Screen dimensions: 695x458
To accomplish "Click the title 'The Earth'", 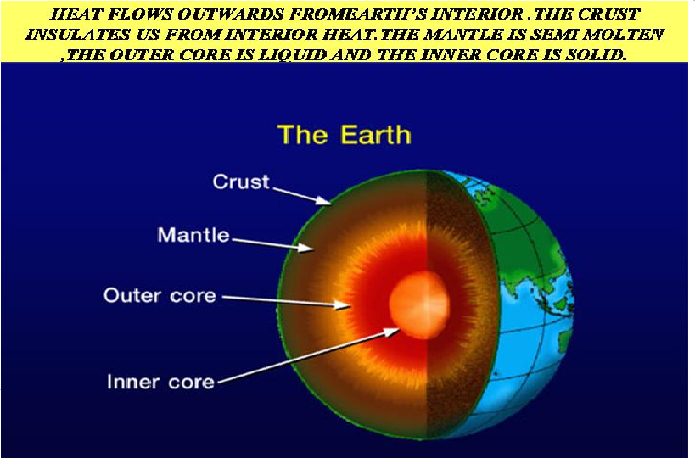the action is click(x=345, y=135).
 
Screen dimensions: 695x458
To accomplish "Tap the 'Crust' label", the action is click(x=241, y=182).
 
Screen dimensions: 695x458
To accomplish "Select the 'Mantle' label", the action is click(x=193, y=235).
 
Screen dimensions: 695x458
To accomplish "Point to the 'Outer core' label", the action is click(x=160, y=295).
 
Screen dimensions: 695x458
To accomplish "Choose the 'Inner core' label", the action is click(x=161, y=382).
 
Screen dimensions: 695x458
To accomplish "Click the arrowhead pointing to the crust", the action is click(x=324, y=201).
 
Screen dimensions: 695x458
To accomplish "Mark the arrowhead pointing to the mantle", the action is click(x=305, y=247).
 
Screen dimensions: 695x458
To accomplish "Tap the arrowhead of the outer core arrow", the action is click(x=342, y=304).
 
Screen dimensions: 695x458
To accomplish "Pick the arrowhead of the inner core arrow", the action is click(x=392, y=332).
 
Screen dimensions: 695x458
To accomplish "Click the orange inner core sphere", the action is click(x=419, y=305).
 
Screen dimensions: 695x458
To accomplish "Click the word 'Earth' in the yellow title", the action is click(x=376, y=135).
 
